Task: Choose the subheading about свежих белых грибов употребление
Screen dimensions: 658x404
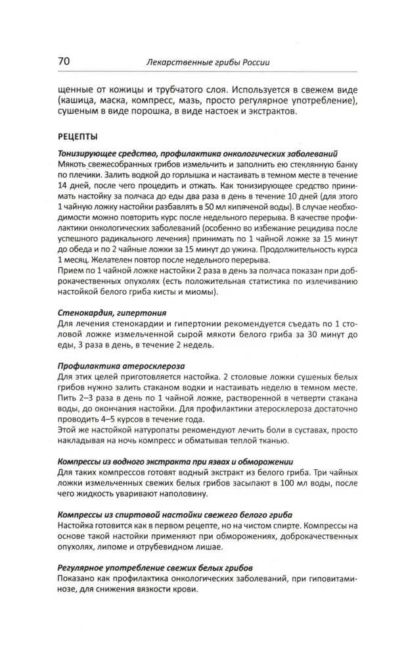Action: [154, 567]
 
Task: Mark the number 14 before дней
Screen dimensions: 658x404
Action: [64, 188]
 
